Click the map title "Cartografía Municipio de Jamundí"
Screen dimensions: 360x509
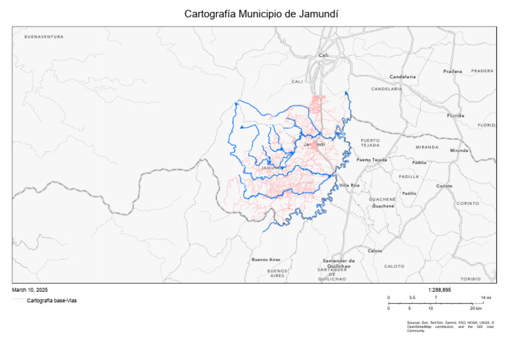[x=254, y=13]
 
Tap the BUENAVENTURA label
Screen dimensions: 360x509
[x=44, y=37]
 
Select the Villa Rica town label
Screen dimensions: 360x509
[x=349, y=185]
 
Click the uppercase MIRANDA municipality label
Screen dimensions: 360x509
[x=427, y=147]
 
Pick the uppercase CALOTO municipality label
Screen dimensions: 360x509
[x=394, y=266]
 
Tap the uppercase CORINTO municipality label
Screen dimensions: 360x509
[x=467, y=203]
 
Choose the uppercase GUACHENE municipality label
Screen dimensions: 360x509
[x=382, y=199]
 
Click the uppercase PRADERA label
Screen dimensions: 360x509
[x=482, y=70]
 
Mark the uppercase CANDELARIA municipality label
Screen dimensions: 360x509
[x=386, y=89]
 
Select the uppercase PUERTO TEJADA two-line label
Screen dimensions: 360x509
[x=370, y=143]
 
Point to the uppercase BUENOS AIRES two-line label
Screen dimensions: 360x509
[x=278, y=272]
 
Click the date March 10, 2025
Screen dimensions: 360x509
[x=30, y=290]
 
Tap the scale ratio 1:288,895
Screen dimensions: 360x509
[x=439, y=290]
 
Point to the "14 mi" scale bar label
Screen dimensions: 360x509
[x=486, y=298]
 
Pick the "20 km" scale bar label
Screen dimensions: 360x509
[x=475, y=309]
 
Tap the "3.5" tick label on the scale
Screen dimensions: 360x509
[x=412, y=298]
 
